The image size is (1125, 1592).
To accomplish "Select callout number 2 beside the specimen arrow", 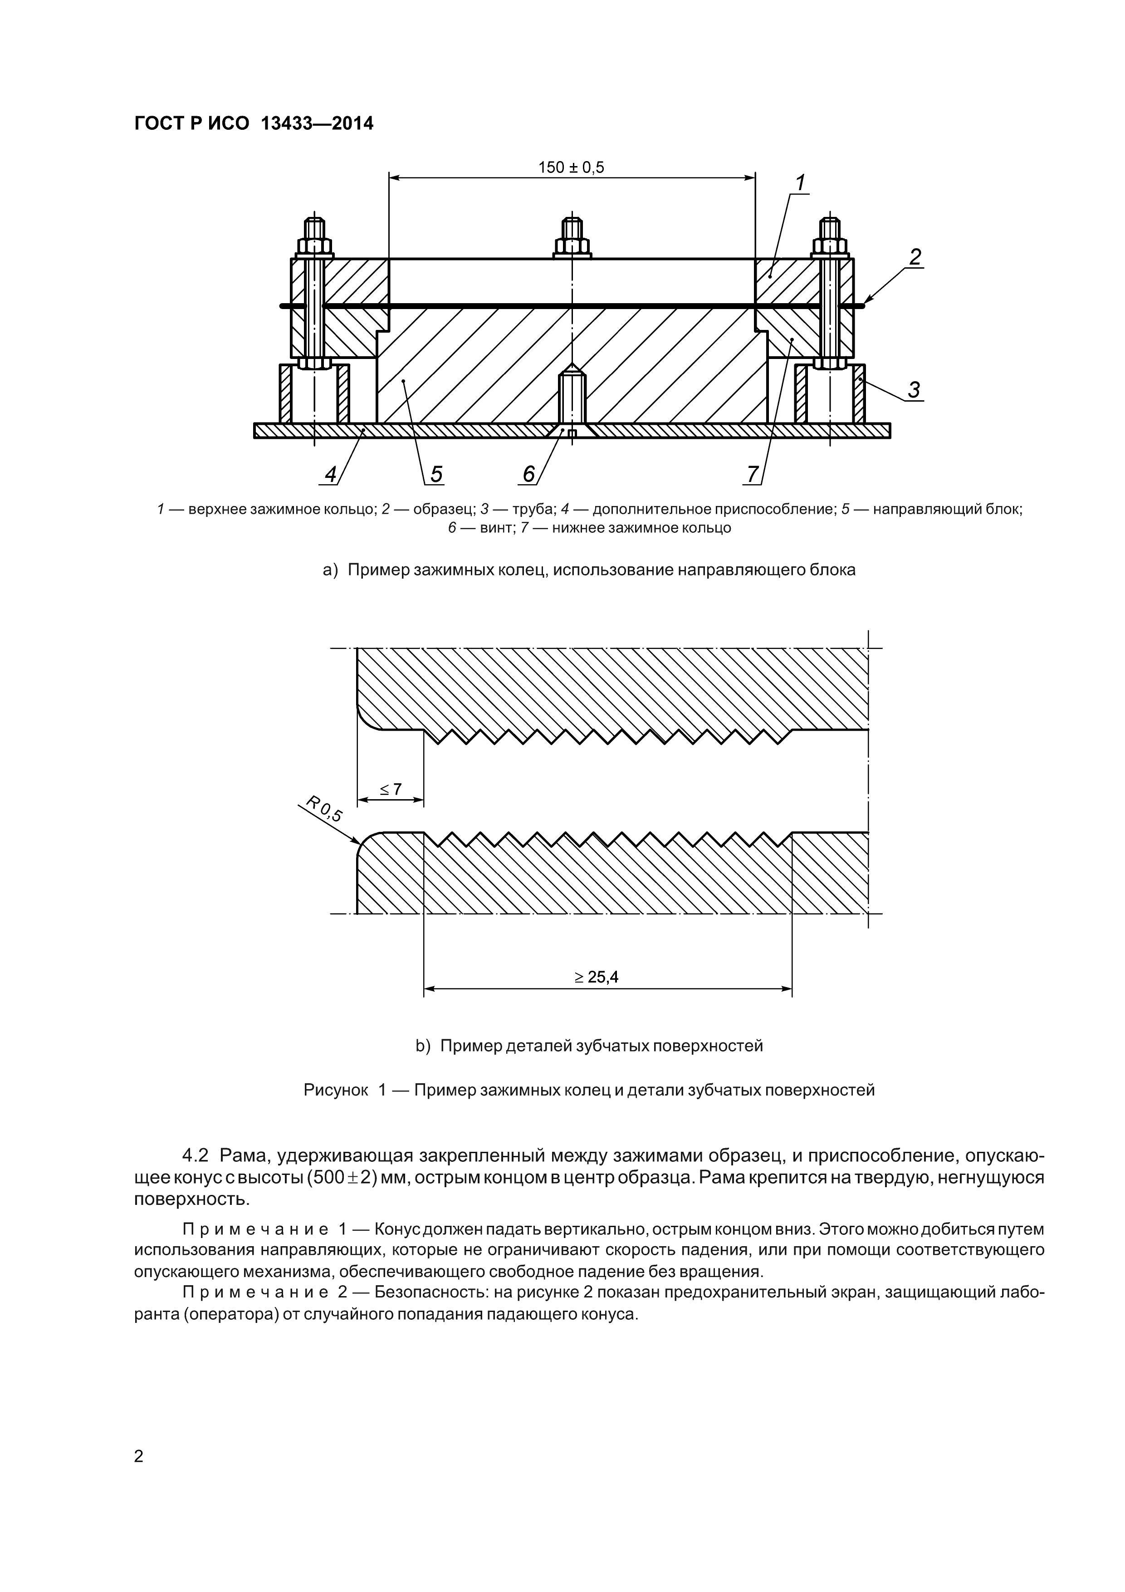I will tap(915, 257).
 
